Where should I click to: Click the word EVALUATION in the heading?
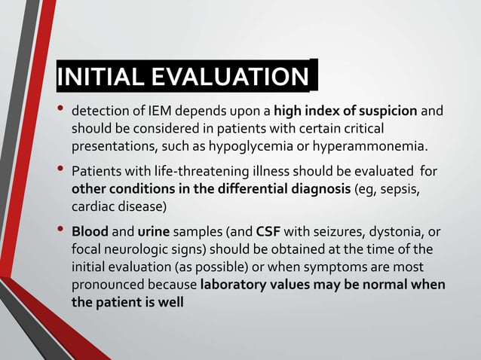point(227,78)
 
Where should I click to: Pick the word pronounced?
point(106,285)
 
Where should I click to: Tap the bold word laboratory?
point(236,285)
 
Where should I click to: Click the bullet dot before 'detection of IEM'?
point(60,109)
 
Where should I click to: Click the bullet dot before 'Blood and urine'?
point(60,233)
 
